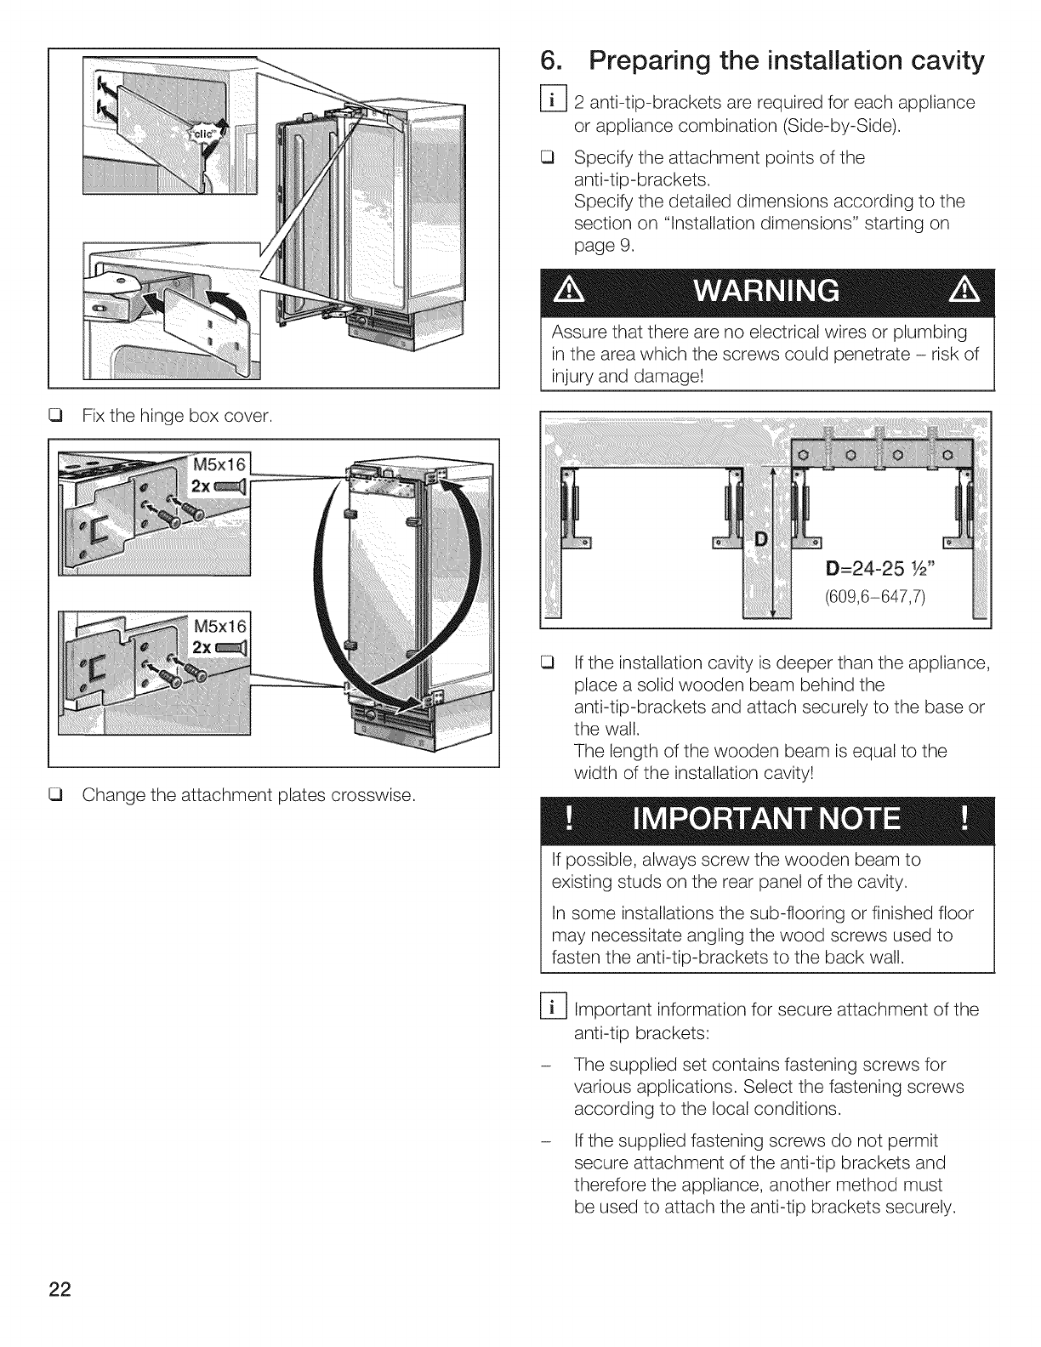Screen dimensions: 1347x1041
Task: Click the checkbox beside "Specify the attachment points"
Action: click(553, 158)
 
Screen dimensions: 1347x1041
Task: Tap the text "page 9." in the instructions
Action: click(598, 246)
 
